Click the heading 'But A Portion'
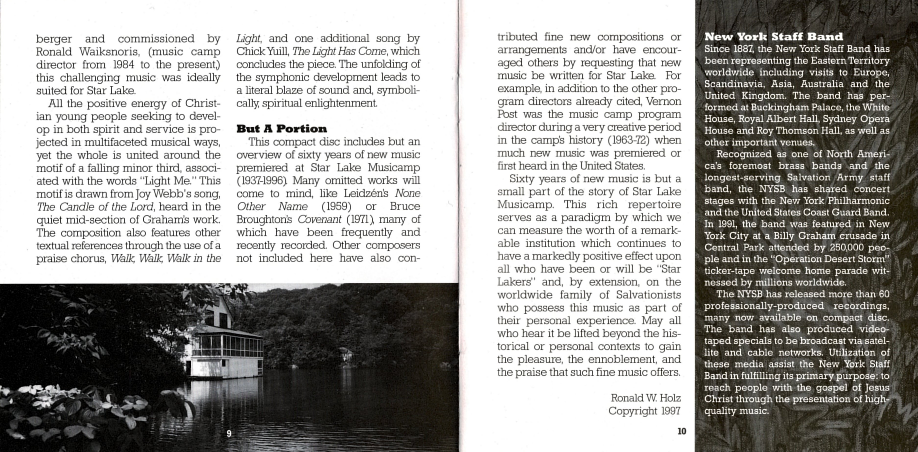coord(282,129)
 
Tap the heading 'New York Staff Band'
coord(774,37)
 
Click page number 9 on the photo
coord(229,433)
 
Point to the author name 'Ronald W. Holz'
coord(646,398)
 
